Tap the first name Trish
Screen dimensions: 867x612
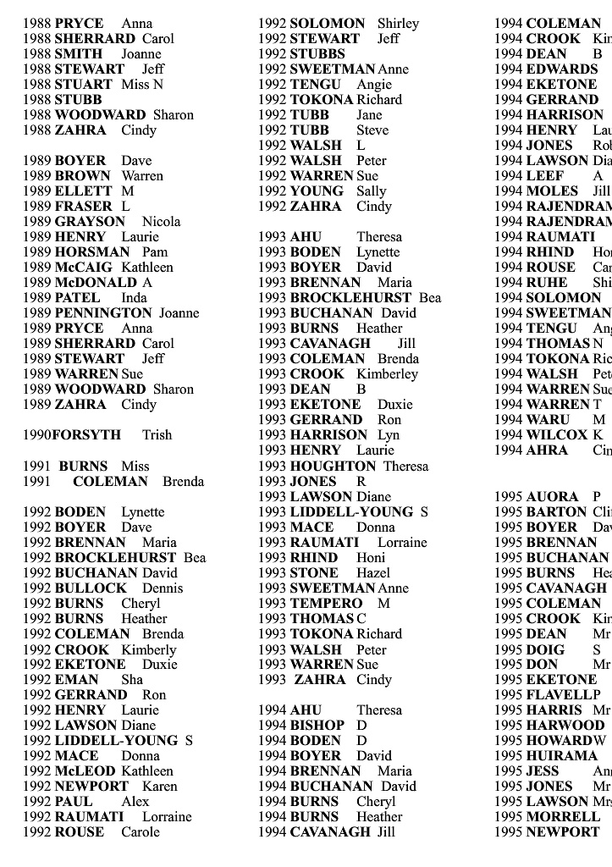click(157, 435)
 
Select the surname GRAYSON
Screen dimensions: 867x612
click(90, 222)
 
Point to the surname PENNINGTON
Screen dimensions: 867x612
click(103, 313)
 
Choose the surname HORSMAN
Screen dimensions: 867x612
click(92, 252)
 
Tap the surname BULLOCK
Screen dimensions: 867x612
click(91, 588)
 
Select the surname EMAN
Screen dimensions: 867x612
click(76, 679)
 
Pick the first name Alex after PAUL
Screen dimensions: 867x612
click(135, 801)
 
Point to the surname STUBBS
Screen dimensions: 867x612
click(317, 54)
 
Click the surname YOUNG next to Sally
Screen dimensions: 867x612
click(317, 191)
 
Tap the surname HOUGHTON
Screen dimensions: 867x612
click(333, 466)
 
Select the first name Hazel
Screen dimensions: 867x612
click(373, 572)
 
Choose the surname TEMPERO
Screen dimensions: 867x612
click(326, 603)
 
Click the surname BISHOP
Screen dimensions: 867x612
click(317, 725)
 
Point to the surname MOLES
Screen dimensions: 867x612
click(552, 191)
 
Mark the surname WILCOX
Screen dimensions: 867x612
click(556, 435)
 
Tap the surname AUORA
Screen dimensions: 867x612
click(552, 497)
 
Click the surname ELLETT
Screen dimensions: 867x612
click(82, 191)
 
